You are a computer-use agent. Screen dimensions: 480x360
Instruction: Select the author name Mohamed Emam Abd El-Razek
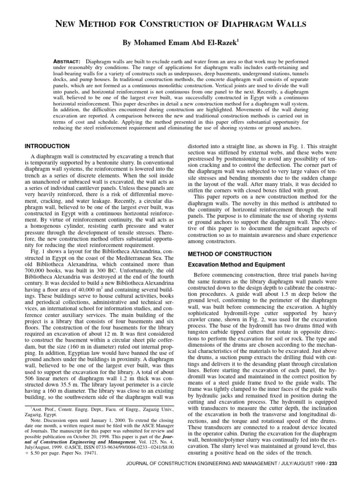[x=180, y=42]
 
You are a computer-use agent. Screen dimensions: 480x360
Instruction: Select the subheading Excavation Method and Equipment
[x=236, y=265]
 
